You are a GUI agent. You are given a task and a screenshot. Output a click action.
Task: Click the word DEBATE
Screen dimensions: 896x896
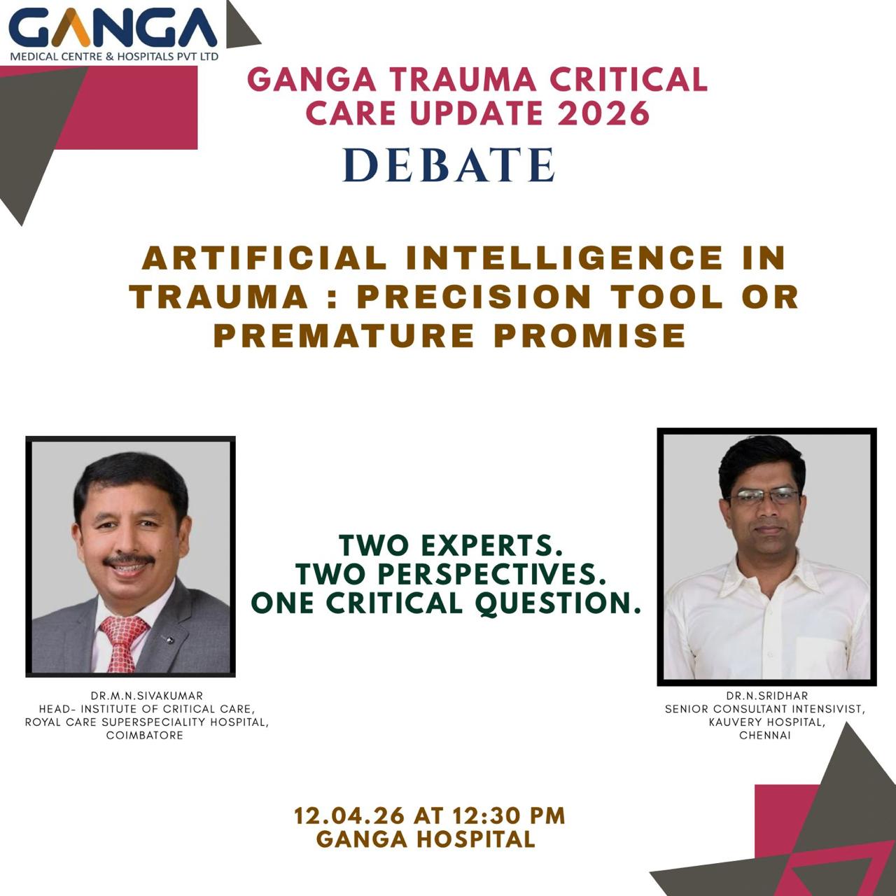click(x=449, y=164)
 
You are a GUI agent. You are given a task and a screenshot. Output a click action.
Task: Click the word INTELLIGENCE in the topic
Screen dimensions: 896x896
click(x=564, y=258)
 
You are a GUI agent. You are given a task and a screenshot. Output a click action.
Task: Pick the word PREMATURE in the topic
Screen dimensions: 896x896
click(x=344, y=335)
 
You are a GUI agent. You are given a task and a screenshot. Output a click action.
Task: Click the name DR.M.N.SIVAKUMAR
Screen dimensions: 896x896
click(x=147, y=696)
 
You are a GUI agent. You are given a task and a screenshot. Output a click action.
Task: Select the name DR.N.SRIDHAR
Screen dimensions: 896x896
click(x=767, y=696)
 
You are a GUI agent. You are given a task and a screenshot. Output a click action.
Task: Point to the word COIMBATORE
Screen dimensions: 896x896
click(x=145, y=736)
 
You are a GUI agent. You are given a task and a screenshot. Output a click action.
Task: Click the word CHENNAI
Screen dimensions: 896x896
click(x=765, y=736)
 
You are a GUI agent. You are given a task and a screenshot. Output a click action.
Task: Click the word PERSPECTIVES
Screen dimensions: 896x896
click(x=491, y=575)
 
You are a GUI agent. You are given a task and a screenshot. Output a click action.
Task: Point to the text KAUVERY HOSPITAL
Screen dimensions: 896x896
click(x=767, y=722)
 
